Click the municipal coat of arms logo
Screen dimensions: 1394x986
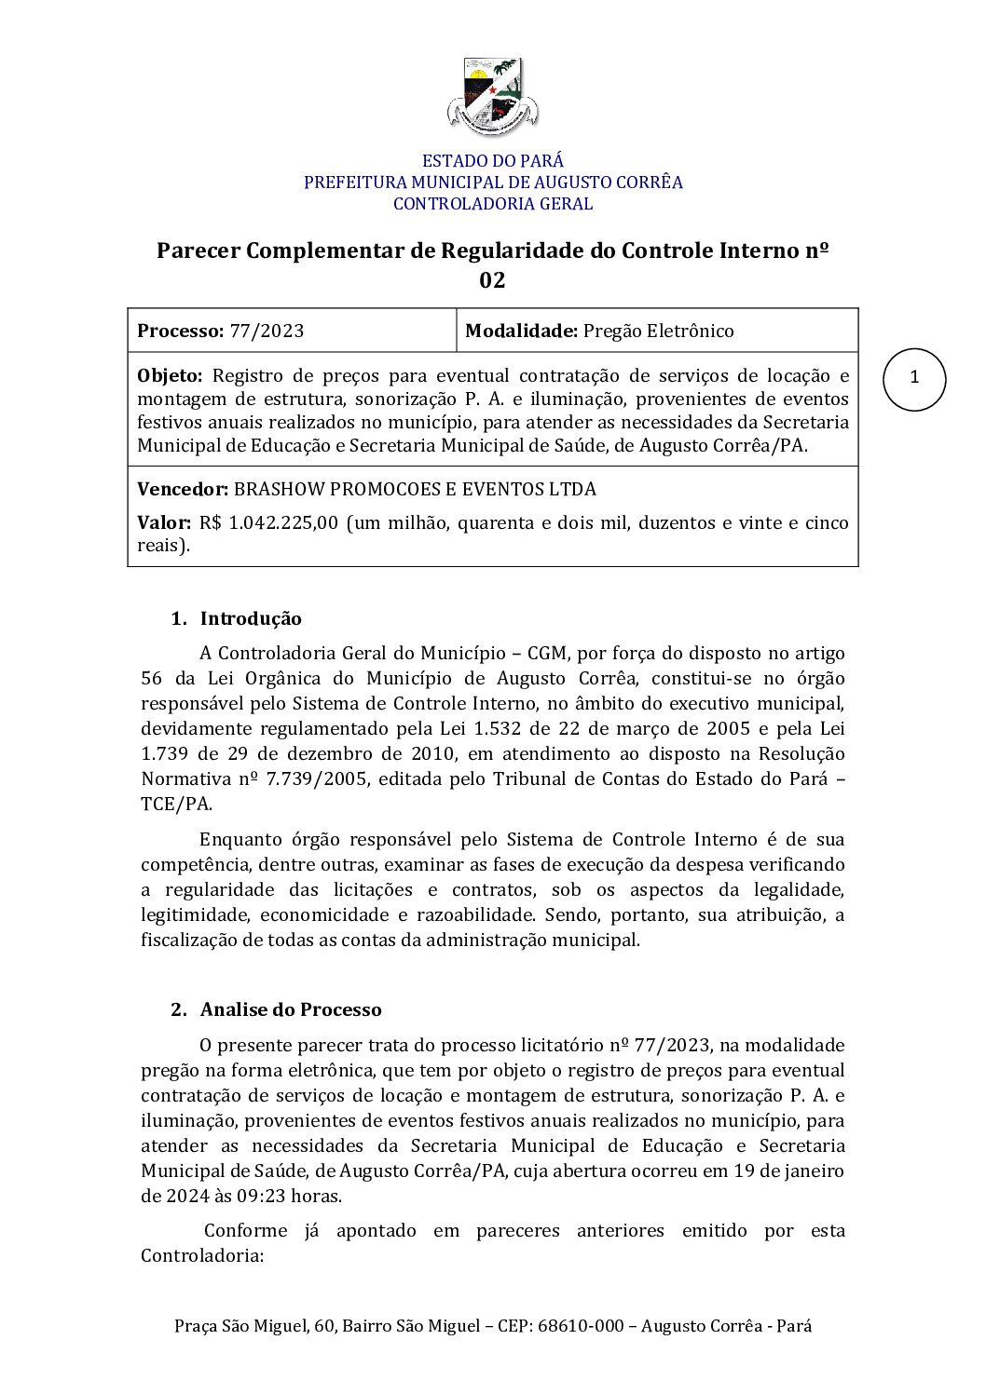492,96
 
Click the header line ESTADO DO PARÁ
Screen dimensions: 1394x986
492,161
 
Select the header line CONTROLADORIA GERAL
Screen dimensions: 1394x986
492,204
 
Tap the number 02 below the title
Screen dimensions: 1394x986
492,280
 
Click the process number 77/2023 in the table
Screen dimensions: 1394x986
267,331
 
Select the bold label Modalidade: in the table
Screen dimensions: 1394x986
521,331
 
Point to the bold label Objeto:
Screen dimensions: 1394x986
170,376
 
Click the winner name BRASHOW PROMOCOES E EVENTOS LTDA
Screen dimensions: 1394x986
415,489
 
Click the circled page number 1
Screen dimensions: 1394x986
914,378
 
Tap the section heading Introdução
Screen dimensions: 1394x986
251,619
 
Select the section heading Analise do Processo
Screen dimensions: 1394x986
291,1010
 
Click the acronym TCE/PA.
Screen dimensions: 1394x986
176,805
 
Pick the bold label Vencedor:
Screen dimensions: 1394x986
183,489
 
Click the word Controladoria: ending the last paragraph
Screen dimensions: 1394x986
202,1256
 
